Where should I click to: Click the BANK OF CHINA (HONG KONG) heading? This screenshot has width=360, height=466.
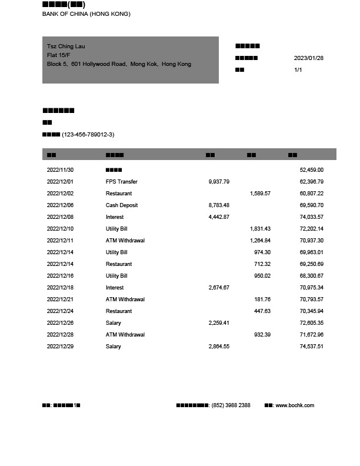coord(86,14)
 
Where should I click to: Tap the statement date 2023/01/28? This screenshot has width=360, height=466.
coord(308,58)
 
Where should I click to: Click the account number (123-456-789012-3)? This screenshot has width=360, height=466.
coord(88,135)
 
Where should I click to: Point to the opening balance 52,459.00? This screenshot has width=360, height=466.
coord(311,170)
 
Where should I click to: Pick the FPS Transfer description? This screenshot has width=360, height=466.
coord(121,182)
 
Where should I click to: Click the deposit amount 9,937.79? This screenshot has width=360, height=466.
coord(219,182)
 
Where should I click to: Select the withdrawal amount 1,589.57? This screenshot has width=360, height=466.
coord(260,194)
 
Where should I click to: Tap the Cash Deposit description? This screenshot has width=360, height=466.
coord(121,205)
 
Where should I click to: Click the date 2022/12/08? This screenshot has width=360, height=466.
coord(60,217)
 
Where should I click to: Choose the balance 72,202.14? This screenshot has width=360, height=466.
coord(311,229)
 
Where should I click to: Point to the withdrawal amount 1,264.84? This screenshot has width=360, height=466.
coord(260,241)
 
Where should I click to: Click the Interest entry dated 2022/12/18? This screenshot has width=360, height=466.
coord(115,288)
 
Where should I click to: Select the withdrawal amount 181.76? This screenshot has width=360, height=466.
coord(262,299)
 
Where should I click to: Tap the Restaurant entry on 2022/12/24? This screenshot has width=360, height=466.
coord(119,311)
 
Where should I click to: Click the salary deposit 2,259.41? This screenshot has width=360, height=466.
coord(219,323)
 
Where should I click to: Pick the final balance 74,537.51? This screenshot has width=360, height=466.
coord(311,347)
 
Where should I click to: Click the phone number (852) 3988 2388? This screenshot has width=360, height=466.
coord(231,405)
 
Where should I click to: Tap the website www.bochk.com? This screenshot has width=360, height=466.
coord(295,405)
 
